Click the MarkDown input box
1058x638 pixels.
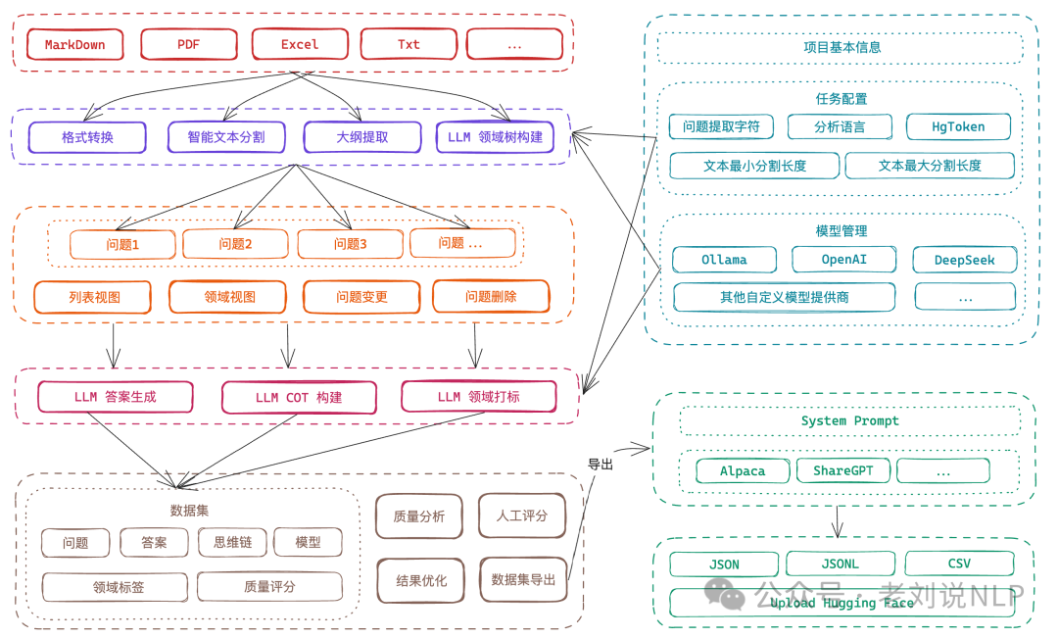[x=74, y=44]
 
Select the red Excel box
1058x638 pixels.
[x=300, y=44]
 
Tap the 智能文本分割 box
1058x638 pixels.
[x=226, y=137]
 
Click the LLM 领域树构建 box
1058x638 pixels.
[x=495, y=137]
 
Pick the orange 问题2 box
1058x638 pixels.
[x=235, y=244]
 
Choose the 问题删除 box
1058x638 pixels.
[x=491, y=296]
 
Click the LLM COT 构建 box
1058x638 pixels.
[x=298, y=398]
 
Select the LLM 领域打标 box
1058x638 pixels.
[x=478, y=397]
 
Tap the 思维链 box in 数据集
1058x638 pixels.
[x=232, y=542]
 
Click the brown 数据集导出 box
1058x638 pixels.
[x=523, y=579]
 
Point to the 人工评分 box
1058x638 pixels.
[x=521, y=515]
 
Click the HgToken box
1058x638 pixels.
[x=958, y=127]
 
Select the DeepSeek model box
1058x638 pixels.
[x=964, y=260]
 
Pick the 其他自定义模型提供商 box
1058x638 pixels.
[x=784, y=297]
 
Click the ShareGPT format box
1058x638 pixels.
[x=842, y=470]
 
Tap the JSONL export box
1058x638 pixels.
[x=841, y=564]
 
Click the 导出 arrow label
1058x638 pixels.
[x=600, y=465]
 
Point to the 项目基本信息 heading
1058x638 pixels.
[x=842, y=47]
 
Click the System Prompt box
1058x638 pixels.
[x=849, y=420]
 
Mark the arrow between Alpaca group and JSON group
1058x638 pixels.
[x=838, y=521]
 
